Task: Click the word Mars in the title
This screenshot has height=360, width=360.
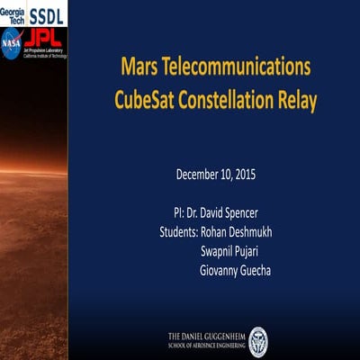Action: point(142,69)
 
